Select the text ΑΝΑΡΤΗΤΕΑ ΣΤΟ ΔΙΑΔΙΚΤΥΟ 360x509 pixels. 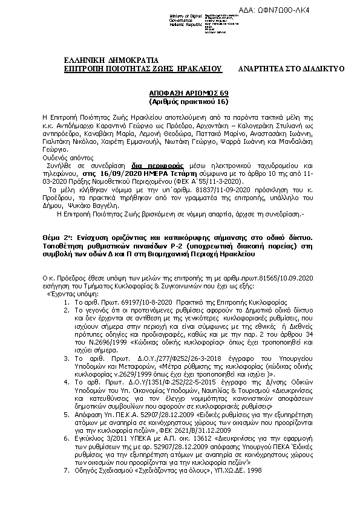[x=291, y=69]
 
